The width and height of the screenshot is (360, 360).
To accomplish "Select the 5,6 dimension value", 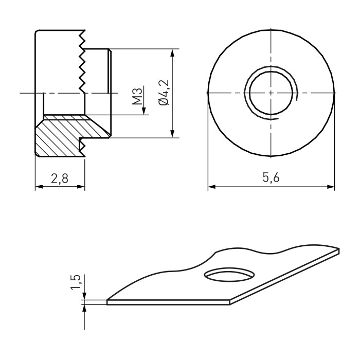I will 271,178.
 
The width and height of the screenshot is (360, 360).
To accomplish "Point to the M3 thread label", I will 137,96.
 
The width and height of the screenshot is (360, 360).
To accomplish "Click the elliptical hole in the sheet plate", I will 229,274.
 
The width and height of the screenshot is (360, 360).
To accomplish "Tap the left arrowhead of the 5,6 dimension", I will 211,187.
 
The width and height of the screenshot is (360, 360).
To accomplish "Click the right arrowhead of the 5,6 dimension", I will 332,187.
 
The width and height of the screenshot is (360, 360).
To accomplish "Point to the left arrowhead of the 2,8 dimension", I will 38,187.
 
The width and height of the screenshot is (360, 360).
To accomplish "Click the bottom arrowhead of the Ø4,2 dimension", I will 172,134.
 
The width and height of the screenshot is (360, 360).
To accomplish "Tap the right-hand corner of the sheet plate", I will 339,249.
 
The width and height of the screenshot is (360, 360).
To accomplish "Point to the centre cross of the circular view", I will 272,93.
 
